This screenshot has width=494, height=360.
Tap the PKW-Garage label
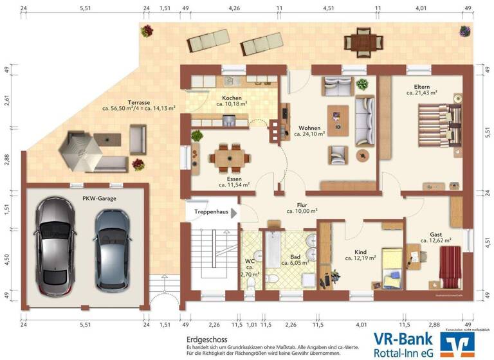(x=99, y=199)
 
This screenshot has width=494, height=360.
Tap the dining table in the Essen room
(x=229, y=156)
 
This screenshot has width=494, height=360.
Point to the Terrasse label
(x=138, y=102)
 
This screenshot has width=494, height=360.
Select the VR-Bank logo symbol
(x=456, y=345)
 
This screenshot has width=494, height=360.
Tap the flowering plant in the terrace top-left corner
(x=147, y=30)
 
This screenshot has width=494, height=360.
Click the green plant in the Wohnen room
(x=362, y=84)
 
